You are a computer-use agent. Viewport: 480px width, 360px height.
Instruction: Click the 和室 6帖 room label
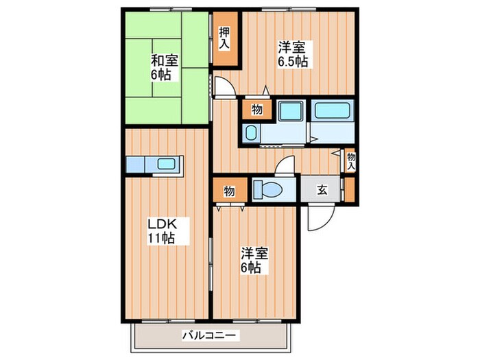(x=165, y=67)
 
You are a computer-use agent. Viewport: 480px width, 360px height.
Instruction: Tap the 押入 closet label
(x=224, y=38)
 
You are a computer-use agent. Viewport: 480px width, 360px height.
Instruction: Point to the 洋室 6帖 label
(x=254, y=259)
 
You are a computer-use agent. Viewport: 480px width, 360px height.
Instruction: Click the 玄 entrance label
(x=322, y=191)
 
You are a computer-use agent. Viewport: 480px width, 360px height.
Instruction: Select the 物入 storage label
(x=350, y=161)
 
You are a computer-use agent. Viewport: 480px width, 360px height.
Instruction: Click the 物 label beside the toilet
(x=228, y=191)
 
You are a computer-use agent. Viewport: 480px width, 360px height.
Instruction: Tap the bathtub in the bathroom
(x=332, y=111)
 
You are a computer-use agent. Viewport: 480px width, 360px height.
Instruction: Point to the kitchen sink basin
(x=167, y=165)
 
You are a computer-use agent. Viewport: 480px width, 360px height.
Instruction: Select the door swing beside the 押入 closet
(x=223, y=86)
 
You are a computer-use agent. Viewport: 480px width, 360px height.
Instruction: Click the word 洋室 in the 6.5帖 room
(x=292, y=47)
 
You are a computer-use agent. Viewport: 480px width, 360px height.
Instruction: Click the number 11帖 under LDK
(x=162, y=239)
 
